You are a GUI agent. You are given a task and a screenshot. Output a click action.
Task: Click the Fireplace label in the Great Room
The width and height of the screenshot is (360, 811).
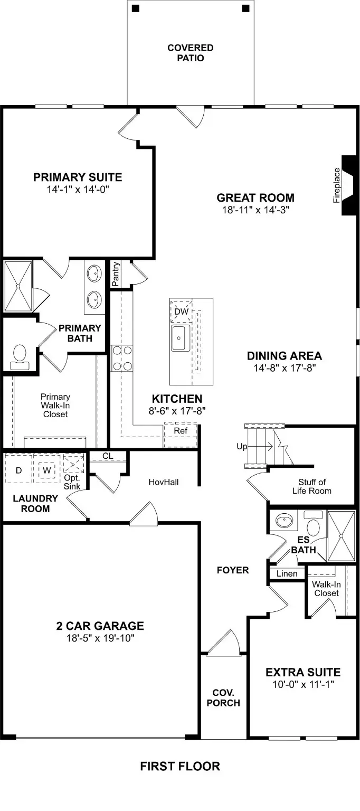[x=337, y=185]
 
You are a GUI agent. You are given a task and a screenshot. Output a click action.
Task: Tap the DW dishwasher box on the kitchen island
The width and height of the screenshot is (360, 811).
[x=181, y=312]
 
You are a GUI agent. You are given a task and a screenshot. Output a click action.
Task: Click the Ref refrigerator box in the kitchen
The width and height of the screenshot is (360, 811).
[x=181, y=430]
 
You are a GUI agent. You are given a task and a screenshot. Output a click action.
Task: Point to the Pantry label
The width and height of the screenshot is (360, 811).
[x=116, y=273]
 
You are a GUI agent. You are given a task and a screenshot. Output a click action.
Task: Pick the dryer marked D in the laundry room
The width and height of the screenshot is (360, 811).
[x=18, y=469]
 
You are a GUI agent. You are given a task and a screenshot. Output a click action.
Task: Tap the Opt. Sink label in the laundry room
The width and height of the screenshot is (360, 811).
[x=72, y=482]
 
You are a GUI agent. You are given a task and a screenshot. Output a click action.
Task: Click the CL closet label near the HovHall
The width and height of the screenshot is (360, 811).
[x=108, y=456]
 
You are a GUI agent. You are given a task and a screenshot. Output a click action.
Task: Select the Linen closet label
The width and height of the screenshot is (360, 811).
[x=287, y=573]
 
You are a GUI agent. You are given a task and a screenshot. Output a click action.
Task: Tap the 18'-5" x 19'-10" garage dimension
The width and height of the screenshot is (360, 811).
[x=100, y=638]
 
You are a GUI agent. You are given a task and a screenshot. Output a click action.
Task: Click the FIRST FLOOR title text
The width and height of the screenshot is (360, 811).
[x=180, y=766]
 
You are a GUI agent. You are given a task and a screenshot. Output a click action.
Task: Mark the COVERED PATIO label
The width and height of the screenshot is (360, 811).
[x=191, y=53]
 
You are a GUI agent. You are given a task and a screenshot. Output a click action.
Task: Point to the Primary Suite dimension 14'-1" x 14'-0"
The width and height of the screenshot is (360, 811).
[x=78, y=189]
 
